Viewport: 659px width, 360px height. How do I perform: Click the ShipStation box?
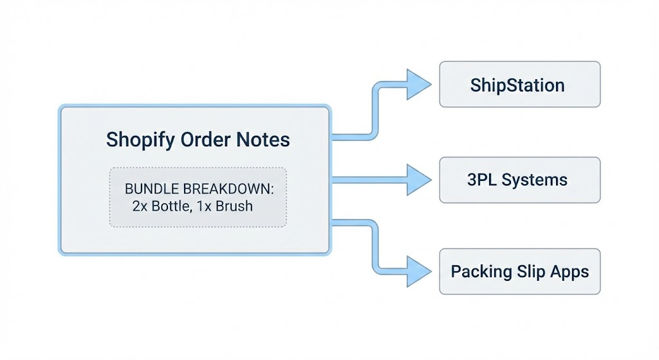click(519, 84)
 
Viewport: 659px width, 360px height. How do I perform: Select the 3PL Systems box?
click(519, 179)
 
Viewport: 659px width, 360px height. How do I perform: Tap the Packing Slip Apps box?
click(519, 271)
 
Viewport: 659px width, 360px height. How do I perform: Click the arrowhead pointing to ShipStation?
click(419, 84)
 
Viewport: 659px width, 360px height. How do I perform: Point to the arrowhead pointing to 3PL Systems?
click(419, 179)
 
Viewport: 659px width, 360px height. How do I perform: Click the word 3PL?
click(481, 179)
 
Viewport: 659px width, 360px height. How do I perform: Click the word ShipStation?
click(517, 85)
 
